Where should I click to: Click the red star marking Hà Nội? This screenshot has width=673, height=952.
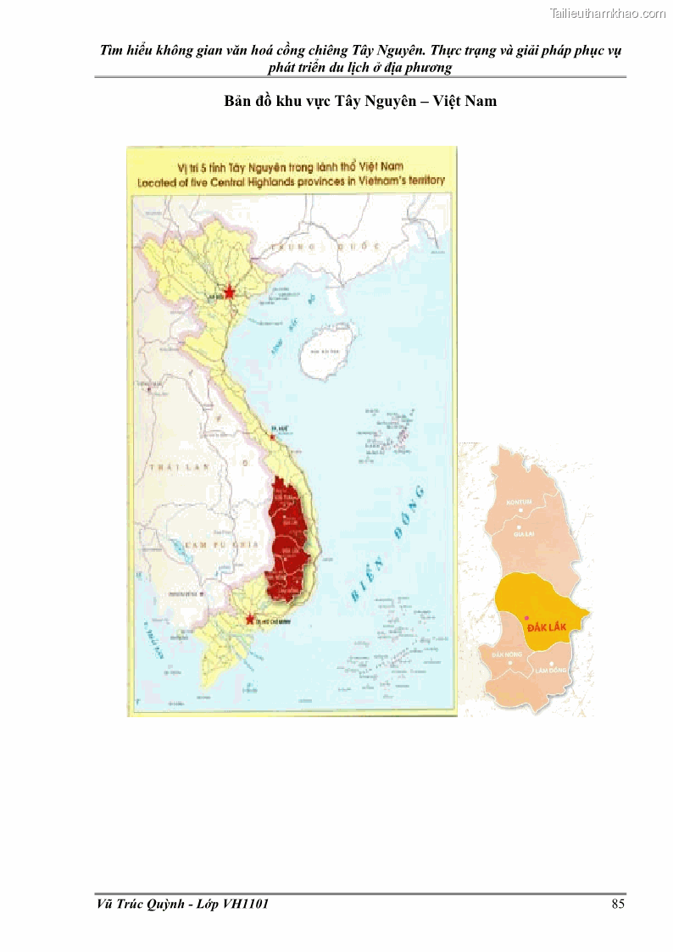pos(229,292)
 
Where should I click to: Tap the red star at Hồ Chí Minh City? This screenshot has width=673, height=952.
pos(249,619)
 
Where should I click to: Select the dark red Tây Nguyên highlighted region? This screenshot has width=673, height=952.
pos(285,543)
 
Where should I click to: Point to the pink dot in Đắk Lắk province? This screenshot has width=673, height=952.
pos(526,618)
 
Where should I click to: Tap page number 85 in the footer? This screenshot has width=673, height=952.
pos(618,904)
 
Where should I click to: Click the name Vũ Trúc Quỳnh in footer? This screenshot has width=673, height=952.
pos(136,904)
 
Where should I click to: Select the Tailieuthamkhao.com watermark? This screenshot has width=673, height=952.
pos(608,13)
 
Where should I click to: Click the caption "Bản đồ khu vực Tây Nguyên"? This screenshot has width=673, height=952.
pos(321,101)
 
